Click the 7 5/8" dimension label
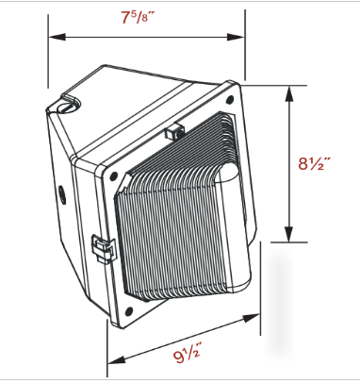pyautogui.click(x=139, y=18)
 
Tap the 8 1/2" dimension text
pyautogui.click(x=315, y=163)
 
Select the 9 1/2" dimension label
pyautogui.click(x=187, y=355)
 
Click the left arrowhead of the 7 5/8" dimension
pyautogui.click(x=57, y=37)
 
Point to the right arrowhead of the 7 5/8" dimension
pyautogui.click(x=236, y=37)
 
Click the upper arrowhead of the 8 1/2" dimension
pyautogui.click(x=289, y=93)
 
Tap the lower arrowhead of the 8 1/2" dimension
pyautogui.click(x=289, y=234)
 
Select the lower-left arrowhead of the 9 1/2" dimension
pyautogui.click(x=116, y=360)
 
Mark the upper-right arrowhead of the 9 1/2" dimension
pyautogui.click(x=252, y=318)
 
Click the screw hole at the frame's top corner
pyautogui.click(x=230, y=100)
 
